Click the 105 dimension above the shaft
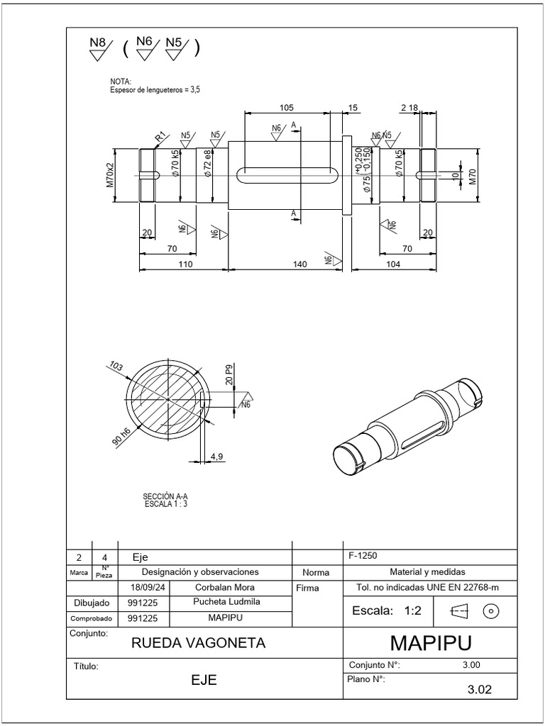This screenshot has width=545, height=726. (x=286, y=107)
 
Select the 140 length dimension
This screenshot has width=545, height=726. (x=299, y=264)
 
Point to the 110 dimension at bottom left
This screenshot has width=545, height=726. (x=185, y=264)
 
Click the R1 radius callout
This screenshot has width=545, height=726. (x=160, y=136)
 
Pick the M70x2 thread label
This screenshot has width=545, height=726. (x=110, y=174)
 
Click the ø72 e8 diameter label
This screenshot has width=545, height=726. (x=207, y=162)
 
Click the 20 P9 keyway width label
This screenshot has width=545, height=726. (x=229, y=374)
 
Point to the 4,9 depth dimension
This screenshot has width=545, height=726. (x=217, y=457)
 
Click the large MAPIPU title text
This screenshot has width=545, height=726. (x=431, y=643)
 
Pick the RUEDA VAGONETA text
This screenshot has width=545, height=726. (x=199, y=643)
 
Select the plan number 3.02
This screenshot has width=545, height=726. (x=480, y=688)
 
